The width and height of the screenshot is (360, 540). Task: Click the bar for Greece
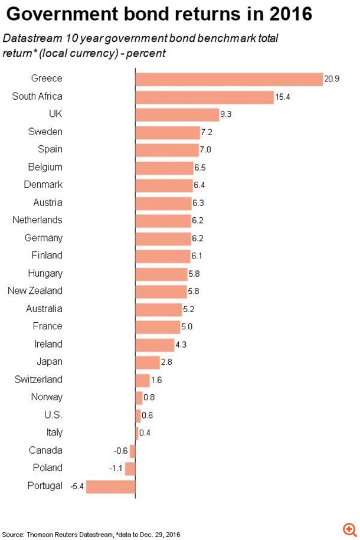coord(229,79)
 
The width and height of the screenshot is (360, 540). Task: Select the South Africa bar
coord(205,97)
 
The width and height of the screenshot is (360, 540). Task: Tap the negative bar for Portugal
coord(111,486)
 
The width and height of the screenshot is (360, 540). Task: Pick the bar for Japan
coord(148,362)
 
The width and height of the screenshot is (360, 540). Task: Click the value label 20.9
coord(332,78)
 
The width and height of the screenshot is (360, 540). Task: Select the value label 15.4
coord(283,96)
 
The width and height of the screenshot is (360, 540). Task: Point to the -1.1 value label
coord(116,468)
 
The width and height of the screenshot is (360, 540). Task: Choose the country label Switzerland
coord(38,379)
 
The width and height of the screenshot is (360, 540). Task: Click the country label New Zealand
coord(35,291)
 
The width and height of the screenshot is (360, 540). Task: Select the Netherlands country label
coord(37,220)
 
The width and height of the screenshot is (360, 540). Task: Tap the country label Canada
coord(45,450)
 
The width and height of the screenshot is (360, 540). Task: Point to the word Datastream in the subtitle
coord(28,38)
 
